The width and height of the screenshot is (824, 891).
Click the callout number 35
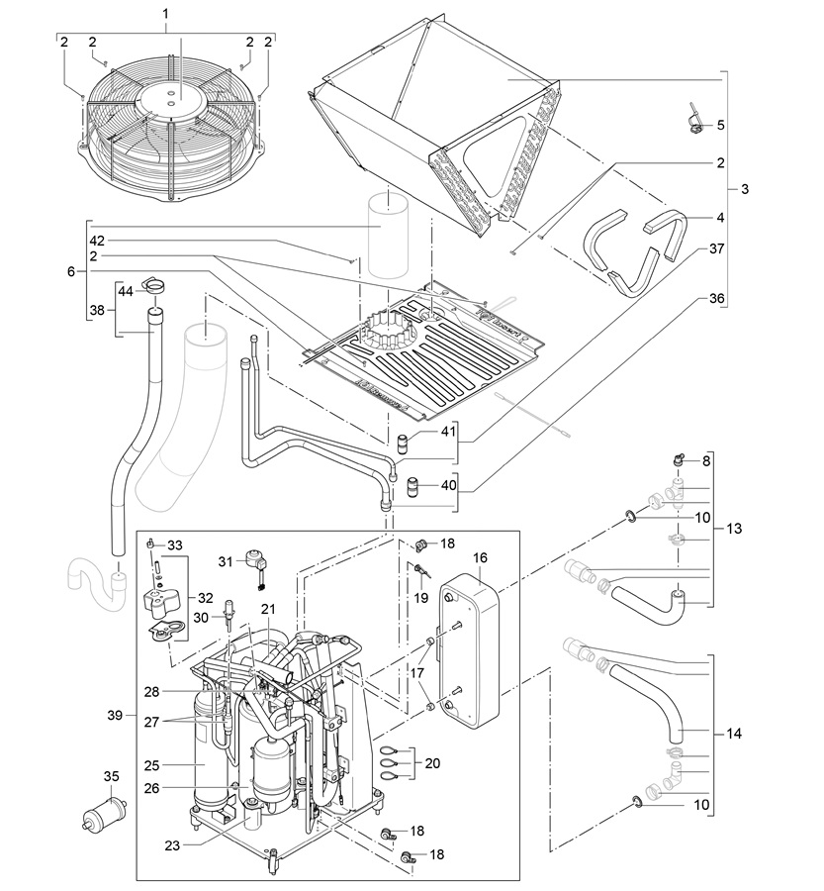112,775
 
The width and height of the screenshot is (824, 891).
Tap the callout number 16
480,557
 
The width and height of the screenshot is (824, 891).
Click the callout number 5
721,125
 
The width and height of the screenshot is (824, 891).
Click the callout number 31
226,561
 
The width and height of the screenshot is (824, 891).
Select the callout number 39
115,714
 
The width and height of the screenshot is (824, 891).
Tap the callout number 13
734,528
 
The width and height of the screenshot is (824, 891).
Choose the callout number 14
734,734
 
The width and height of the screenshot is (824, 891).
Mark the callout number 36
717,298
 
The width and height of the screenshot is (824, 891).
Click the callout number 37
717,248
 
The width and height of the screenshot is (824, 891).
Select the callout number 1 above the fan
166,13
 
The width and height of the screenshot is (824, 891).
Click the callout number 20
432,762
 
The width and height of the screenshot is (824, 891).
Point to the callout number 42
97,241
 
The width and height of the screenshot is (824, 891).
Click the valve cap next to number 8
679,459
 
